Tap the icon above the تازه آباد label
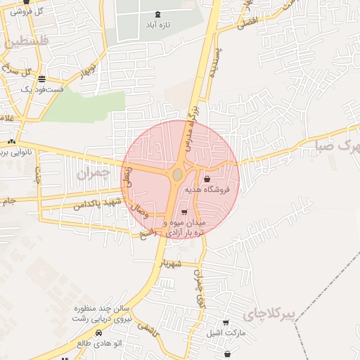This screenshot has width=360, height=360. (157, 13)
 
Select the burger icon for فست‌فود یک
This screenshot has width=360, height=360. (42, 79)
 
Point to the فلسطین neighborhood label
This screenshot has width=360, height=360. (27, 42)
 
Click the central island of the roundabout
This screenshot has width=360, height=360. (178, 174)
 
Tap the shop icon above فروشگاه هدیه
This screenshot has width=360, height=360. (206, 179)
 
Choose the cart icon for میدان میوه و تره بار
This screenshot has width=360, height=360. (184, 212)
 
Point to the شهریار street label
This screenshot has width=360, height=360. (171, 264)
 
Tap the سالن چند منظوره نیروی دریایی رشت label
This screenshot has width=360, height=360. (102, 314)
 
